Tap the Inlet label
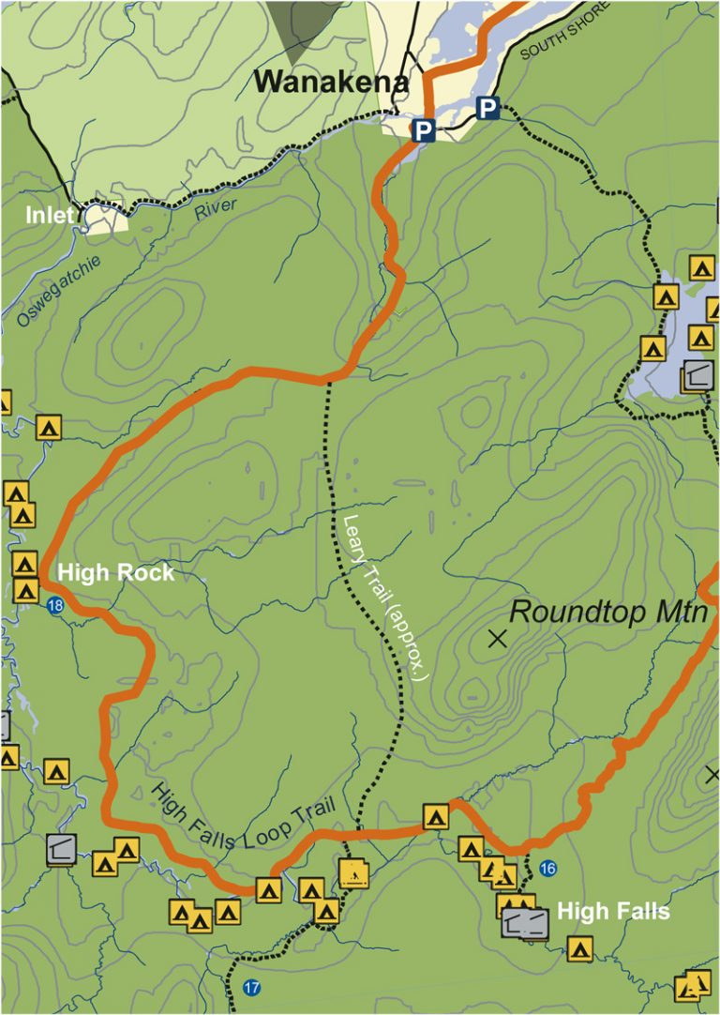(x=49, y=216)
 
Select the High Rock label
(x=115, y=572)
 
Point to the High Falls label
(x=613, y=911)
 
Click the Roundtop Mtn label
(x=607, y=614)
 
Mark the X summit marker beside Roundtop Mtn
(x=497, y=640)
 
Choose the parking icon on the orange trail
(x=425, y=130)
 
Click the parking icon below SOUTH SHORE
(x=487, y=109)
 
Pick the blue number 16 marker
(x=548, y=870)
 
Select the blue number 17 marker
(x=250, y=988)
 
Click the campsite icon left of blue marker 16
(x=504, y=877)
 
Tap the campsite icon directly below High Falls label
(x=579, y=949)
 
